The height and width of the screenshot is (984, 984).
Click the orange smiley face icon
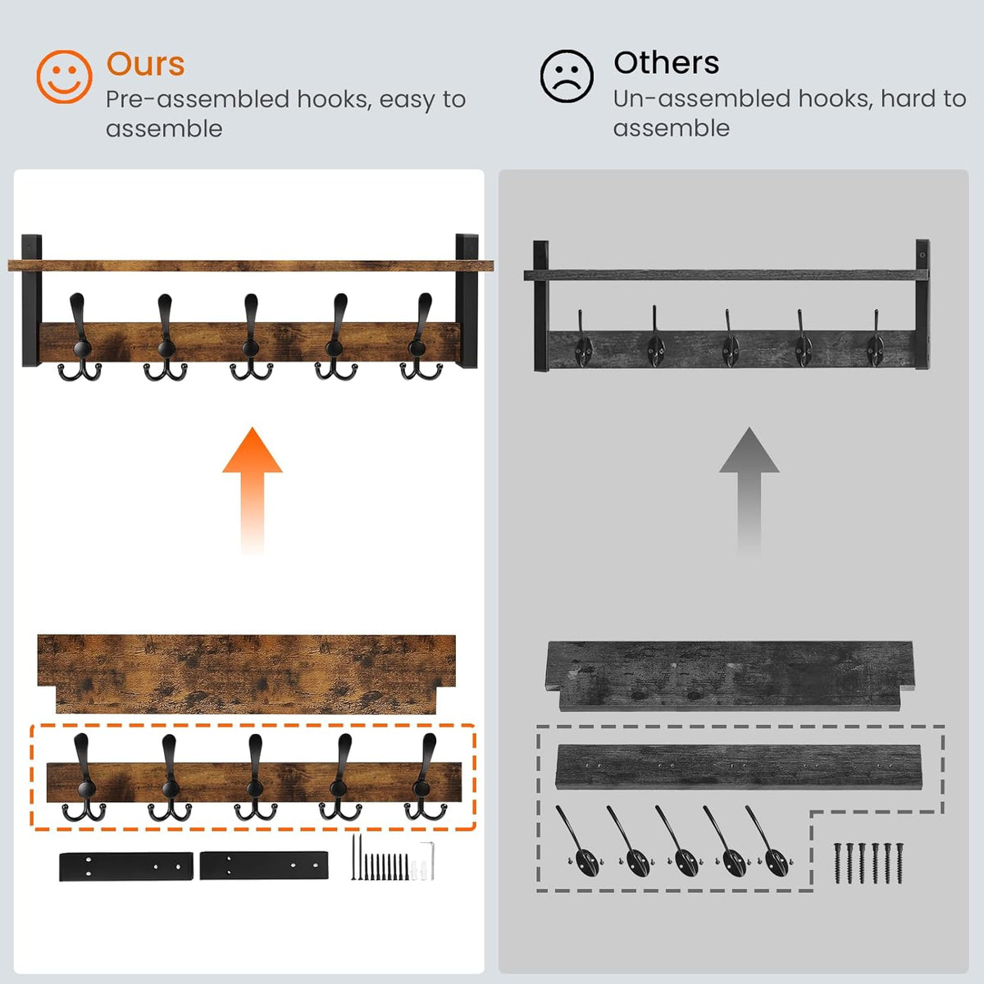coord(64,76)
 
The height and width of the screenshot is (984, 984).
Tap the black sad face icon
coord(567,76)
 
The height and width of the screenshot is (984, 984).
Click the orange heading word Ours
coord(145,64)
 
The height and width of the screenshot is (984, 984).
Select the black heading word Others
coord(667,63)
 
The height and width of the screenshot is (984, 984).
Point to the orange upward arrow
coord(253,490)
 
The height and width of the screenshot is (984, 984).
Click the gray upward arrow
coord(749,490)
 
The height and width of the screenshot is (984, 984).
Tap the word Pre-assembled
coord(198,99)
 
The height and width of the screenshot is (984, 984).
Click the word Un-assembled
coord(703,98)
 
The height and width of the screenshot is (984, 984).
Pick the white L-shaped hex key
coord(429,860)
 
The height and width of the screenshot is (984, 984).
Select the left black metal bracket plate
coord(126,867)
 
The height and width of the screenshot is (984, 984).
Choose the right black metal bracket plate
coord(263,866)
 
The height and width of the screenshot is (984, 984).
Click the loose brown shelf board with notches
coord(247,674)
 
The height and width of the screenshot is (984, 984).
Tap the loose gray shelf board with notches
coord(731,676)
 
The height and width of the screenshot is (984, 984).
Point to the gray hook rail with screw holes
coord(739,768)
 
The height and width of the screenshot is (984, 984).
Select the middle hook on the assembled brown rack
coord(251,337)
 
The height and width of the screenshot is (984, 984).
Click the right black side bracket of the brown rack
coord(467,300)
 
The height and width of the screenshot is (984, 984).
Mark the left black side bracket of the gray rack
coord(540,305)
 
